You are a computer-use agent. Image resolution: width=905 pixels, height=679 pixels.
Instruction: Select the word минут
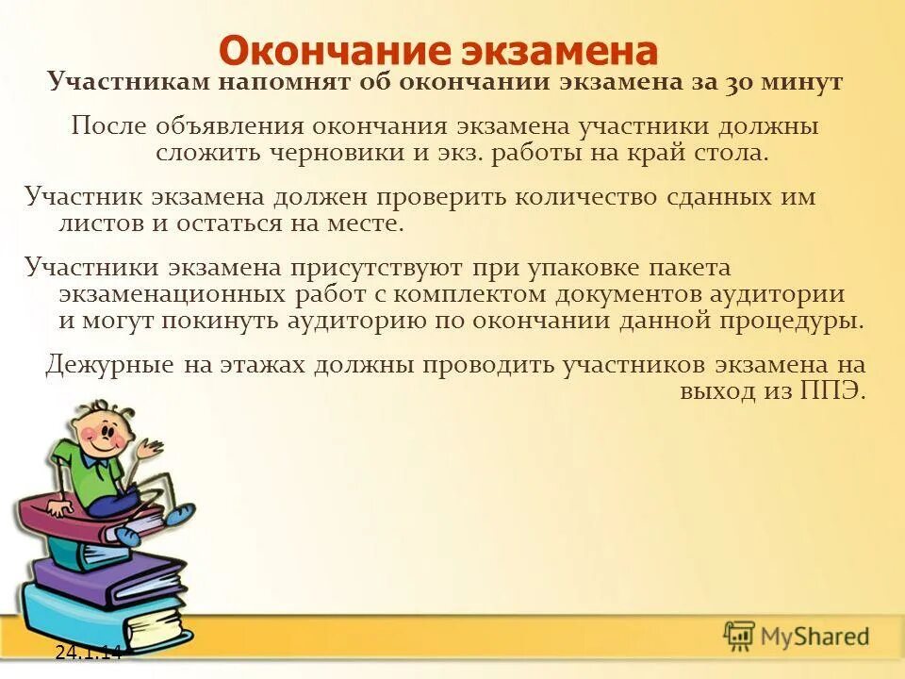[801, 82]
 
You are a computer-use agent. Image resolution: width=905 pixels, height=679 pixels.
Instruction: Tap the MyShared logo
[797, 637]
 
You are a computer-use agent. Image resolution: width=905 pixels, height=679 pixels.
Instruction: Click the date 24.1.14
[89, 652]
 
